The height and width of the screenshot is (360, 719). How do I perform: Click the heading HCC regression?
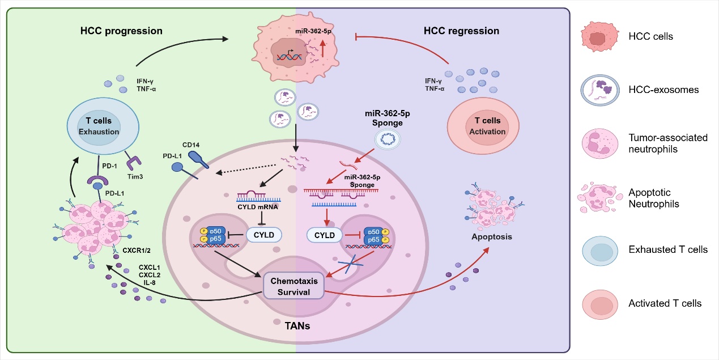click(461, 30)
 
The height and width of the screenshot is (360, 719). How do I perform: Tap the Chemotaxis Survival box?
click(294, 287)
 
